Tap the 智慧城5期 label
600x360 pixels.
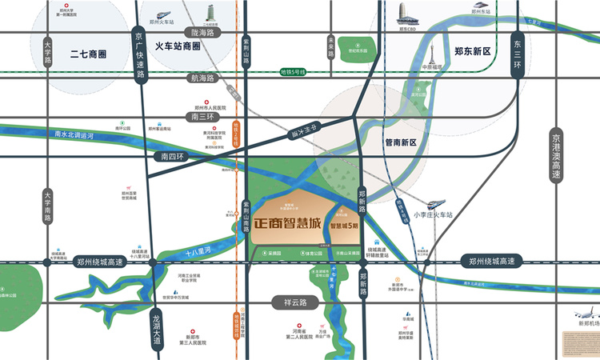point(345,226)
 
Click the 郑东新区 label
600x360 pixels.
point(471,50)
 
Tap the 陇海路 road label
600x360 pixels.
point(203,33)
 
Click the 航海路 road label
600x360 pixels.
point(202,78)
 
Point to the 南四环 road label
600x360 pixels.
point(172,158)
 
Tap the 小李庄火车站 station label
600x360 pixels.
point(433,215)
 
